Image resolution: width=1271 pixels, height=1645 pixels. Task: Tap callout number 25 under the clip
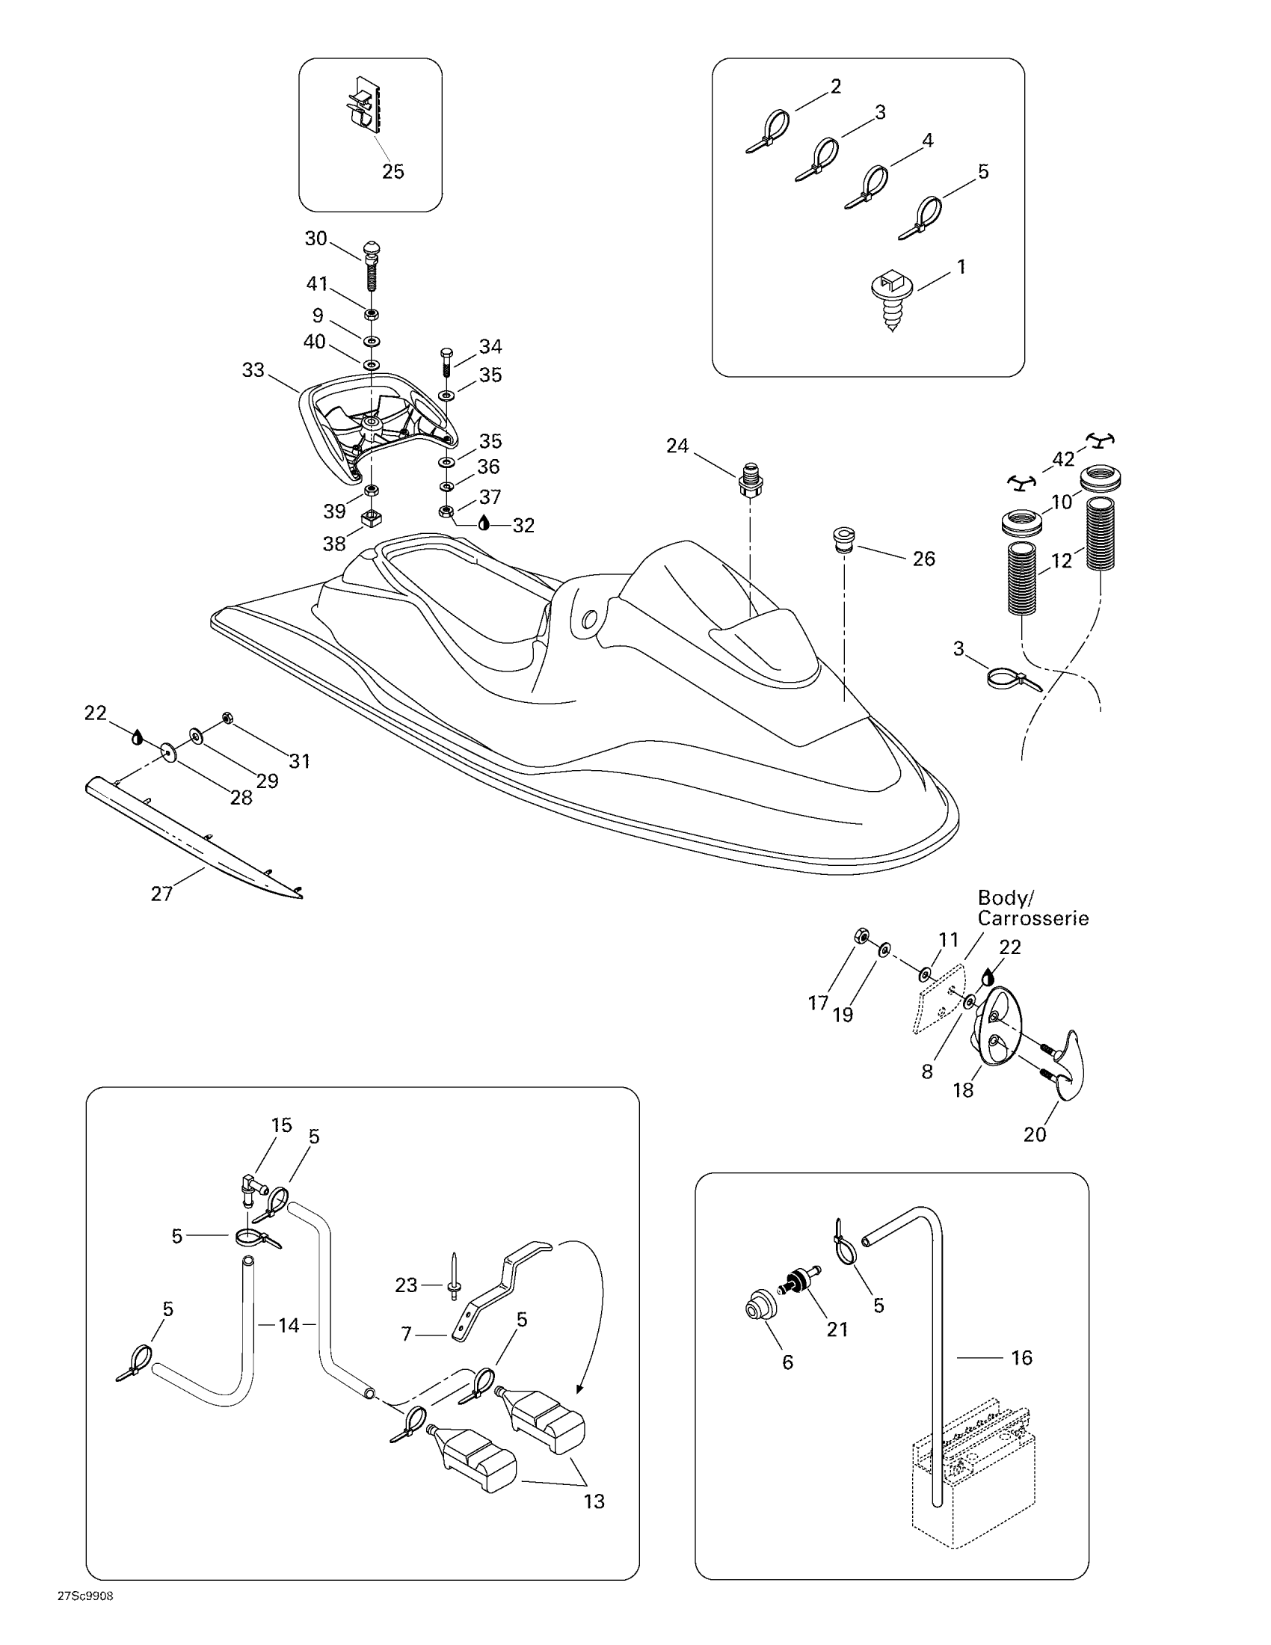pyautogui.click(x=393, y=172)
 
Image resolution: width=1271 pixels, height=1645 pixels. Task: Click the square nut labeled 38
pyautogui.click(x=370, y=519)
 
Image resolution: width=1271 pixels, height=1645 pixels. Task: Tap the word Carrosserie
pyautogui.click(x=1033, y=919)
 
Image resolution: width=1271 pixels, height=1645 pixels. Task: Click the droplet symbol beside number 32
pyautogui.click(x=484, y=523)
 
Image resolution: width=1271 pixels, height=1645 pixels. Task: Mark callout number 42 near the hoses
pyautogui.click(x=1062, y=459)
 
